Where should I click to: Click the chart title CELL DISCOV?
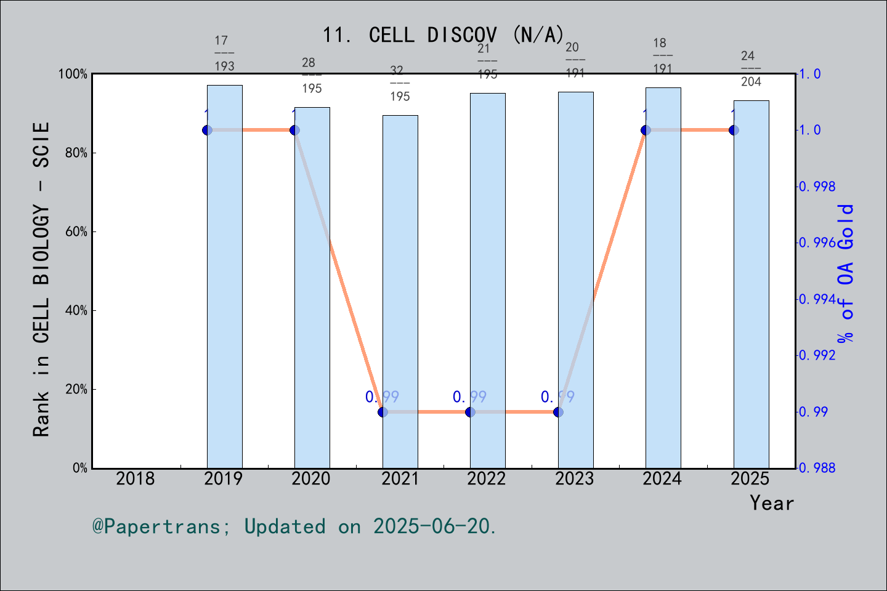[x=443, y=35]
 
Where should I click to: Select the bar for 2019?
[x=224, y=277]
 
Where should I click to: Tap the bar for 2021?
[x=400, y=292]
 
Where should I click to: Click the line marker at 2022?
[x=471, y=412]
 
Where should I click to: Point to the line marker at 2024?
[x=646, y=130]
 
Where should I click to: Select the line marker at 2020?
[x=294, y=130]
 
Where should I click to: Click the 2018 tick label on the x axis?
[x=136, y=478]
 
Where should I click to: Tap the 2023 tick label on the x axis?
[x=575, y=478]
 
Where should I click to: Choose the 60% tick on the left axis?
[x=76, y=232]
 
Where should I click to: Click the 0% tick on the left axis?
[x=80, y=468]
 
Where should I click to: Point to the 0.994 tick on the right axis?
[x=817, y=299]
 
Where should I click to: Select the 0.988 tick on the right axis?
[x=817, y=468]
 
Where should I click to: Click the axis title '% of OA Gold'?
[x=846, y=273]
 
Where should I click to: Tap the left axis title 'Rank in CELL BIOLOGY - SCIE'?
[x=41, y=279]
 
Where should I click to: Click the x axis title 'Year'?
[x=772, y=503]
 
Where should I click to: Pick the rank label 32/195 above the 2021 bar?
[x=399, y=84]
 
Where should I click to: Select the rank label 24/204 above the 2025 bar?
[x=750, y=69]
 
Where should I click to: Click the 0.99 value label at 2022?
[x=470, y=397]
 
